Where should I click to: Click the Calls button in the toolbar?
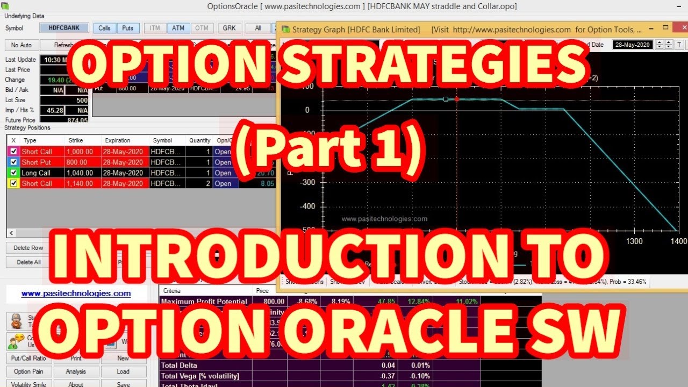coord(105,28)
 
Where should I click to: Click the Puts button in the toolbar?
coord(128,28)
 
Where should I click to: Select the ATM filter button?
coord(178,28)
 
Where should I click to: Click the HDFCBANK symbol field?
coord(64,28)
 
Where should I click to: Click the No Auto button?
coord(21,46)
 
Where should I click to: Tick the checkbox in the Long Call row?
coord(14,173)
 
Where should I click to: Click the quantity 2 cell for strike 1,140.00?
coord(200,184)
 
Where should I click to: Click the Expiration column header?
coord(117,140)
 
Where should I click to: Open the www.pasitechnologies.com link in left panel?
coord(76,293)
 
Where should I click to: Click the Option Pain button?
coord(30,371)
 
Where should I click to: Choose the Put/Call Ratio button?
coord(30,358)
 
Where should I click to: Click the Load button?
coord(123,371)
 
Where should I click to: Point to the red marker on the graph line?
coord(457,99)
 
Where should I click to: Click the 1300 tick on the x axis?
coord(634,241)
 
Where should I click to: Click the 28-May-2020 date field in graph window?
coord(633,45)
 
